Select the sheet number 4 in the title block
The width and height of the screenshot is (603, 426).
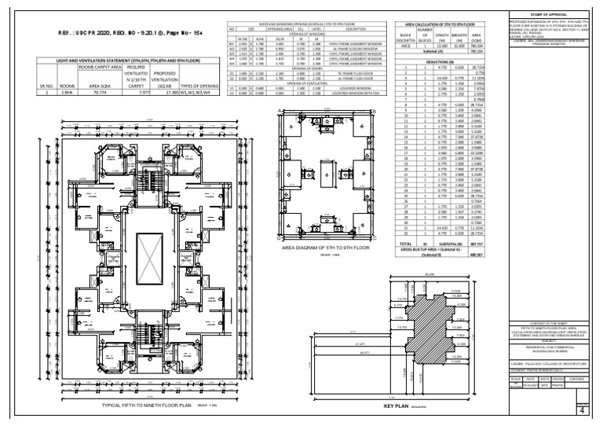coord(581,409)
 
